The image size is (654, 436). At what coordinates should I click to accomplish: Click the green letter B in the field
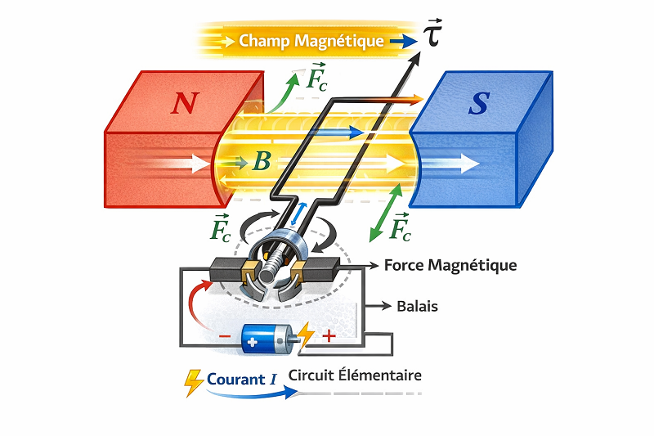[x=261, y=161]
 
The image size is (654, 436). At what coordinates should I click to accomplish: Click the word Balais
[x=416, y=307]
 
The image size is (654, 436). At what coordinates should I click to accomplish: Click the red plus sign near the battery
[x=329, y=335]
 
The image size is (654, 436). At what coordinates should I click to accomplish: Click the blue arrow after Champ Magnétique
[x=402, y=40]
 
